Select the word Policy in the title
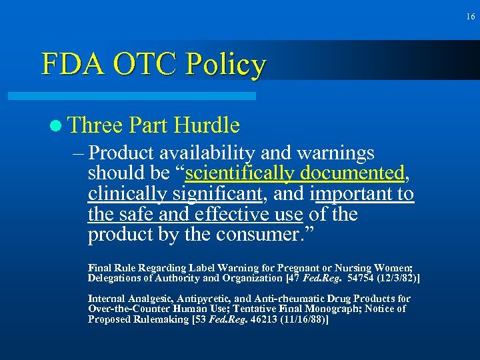pyautogui.click(x=226, y=65)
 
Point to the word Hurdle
pyautogui.click(x=206, y=125)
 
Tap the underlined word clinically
pyautogui.click(x=127, y=194)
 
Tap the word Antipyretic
pyautogui.click(x=202, y=299)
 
